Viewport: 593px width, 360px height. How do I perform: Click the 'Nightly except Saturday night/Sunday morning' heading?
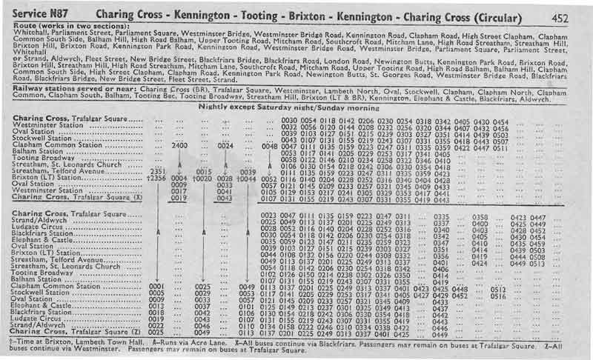pyautogui.click(x=291, y=106)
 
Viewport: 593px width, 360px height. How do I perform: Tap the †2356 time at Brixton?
pyautogui.click(x=156, y=178)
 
